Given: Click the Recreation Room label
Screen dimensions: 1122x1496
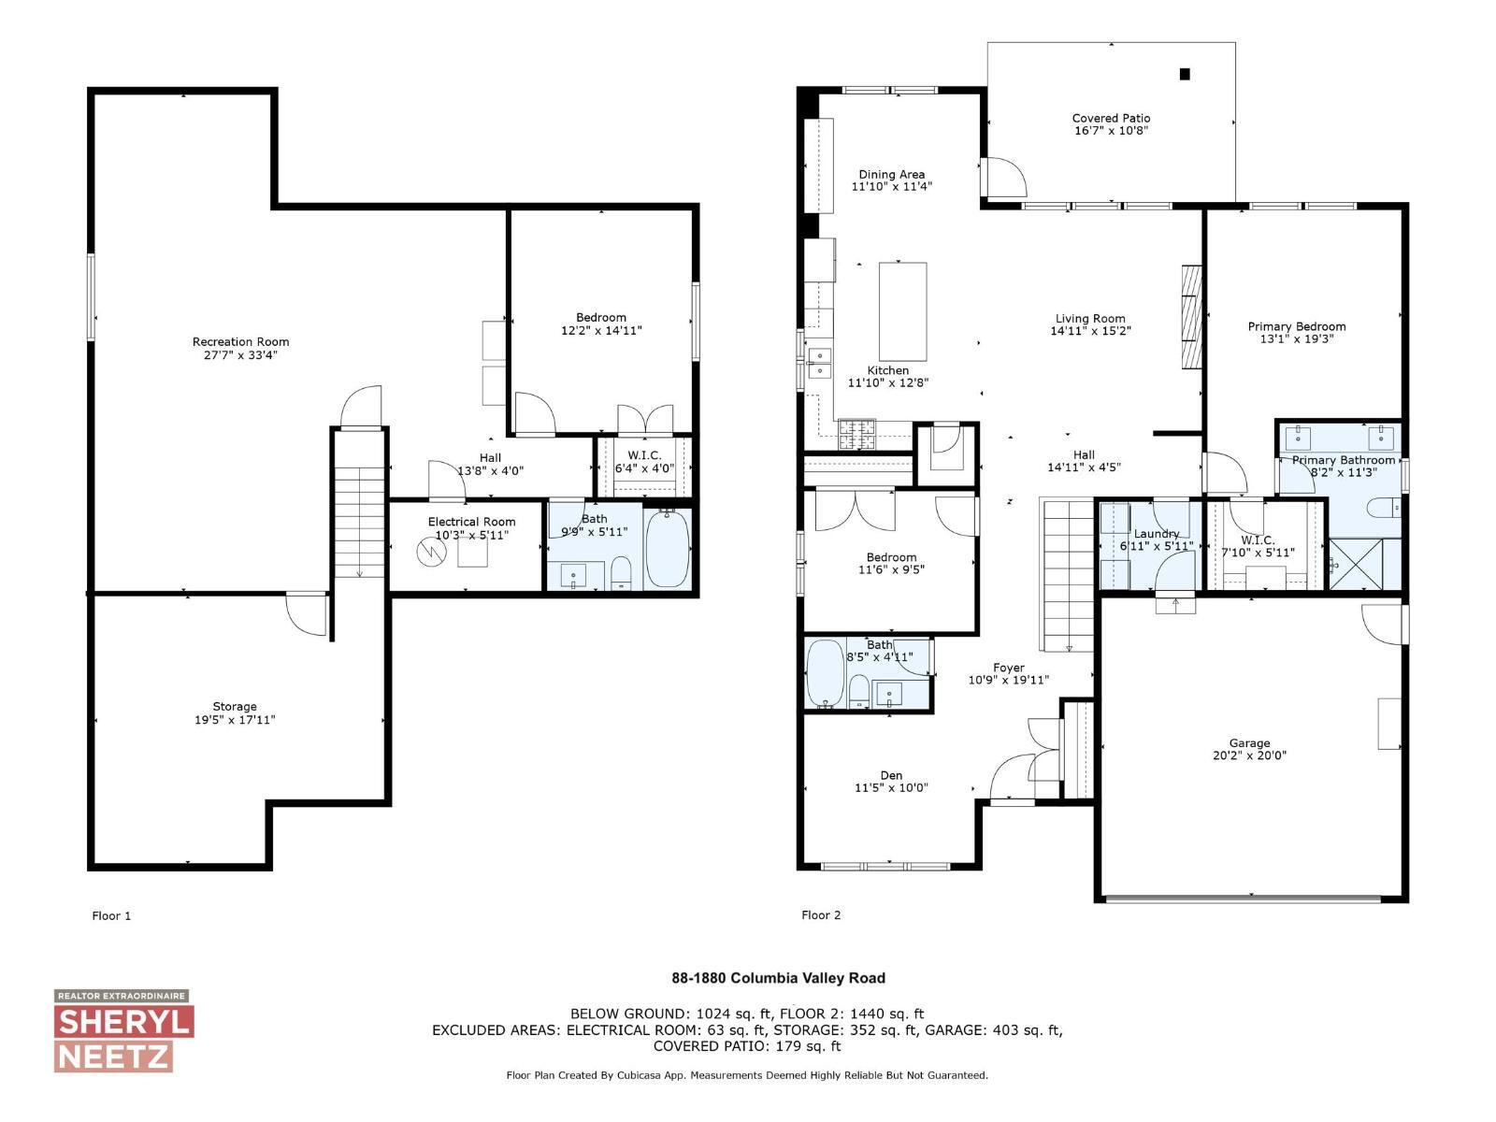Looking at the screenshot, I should click(240, 341).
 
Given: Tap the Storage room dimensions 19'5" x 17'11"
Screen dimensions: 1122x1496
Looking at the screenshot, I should click(234, 720).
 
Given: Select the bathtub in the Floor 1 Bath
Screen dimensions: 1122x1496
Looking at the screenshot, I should click(668, 549).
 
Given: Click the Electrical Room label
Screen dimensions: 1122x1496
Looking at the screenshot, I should click(471, 522).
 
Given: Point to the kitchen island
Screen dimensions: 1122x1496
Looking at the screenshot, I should click(903, 311).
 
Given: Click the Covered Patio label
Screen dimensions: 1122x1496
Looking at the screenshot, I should click(1111, 118).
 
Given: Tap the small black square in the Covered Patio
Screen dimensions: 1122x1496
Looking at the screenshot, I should click(1185, 74).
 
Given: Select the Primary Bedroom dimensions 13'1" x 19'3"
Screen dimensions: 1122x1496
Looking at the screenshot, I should click(1296, 339).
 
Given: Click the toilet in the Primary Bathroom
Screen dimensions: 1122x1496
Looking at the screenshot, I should click(1382, 508).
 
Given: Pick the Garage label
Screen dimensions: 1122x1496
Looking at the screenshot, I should click(1249, 742).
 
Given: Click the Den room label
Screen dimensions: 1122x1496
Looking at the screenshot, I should click(891, 775).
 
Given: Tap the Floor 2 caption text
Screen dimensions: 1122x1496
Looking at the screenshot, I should click(821, 915).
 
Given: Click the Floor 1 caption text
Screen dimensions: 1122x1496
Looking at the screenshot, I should click(111, 915).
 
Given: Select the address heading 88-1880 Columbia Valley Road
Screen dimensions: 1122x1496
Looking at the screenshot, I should click(778, 978).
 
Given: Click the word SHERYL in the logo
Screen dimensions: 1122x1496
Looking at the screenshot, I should click(123, 1022).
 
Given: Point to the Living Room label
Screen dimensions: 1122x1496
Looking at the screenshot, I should click(1090, 318).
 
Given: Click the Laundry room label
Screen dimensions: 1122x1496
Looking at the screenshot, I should click(1156, 534).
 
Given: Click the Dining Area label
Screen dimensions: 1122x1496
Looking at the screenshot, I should click(891, 174).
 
